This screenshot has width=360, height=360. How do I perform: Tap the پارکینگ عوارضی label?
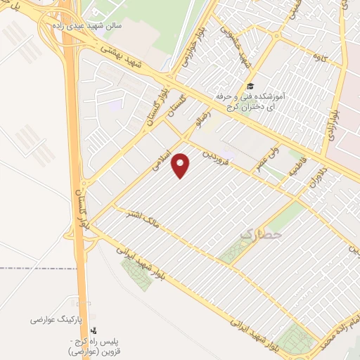[x=56, y=319]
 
